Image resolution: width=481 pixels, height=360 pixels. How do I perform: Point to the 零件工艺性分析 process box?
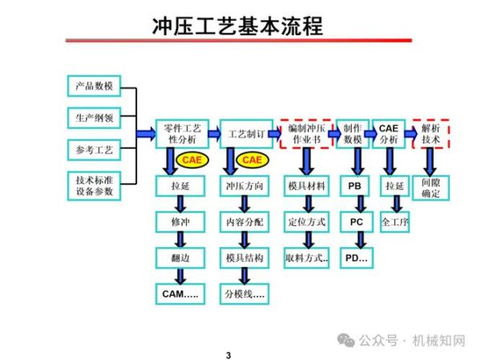click(182, 133)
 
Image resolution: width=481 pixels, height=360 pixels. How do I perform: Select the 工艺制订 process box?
click(244, 133)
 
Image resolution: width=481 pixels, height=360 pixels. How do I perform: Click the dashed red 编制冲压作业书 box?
click(305, 133)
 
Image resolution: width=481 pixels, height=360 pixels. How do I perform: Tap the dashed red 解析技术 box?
click(430, 133)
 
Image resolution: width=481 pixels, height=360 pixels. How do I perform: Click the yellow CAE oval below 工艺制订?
click(252, 160)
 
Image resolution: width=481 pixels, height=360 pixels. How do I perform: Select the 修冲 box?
click(180, 221)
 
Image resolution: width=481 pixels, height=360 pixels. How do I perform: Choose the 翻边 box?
click(180, 257)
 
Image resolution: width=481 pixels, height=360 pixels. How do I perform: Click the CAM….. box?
click(180, 294)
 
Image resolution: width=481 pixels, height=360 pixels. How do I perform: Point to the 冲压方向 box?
click(244, 186)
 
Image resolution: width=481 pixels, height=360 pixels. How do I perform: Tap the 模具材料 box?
click(306, 186)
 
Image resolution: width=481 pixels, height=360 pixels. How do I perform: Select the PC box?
click(356, 221)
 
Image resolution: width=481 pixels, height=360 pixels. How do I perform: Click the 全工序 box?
click(394, 221)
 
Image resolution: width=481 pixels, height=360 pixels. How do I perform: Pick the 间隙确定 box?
click(430, 188)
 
